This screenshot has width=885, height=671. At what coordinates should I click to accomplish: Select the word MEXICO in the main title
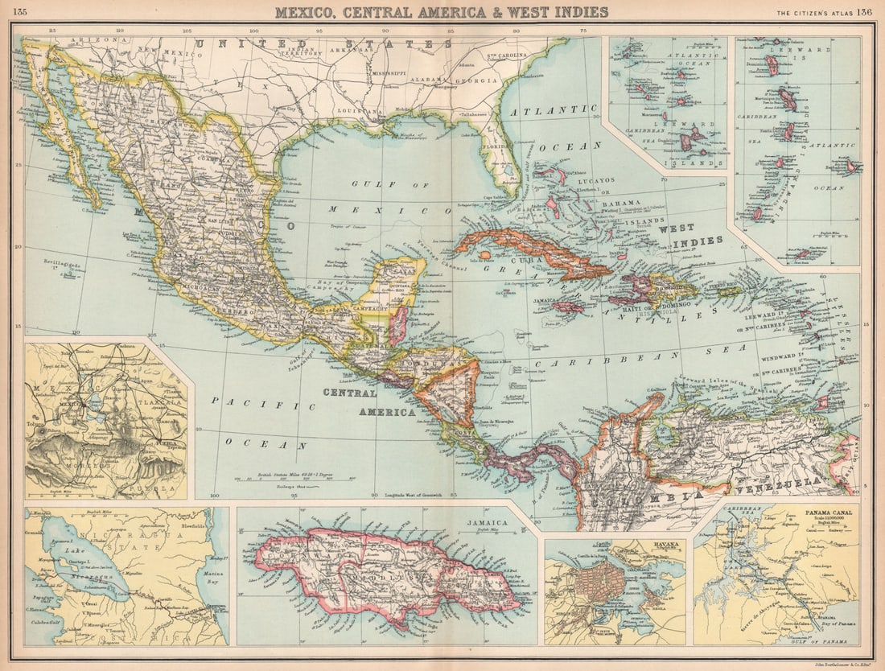[x=305, y=12]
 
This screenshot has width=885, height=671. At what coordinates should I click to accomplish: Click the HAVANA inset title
[x=667, y=545]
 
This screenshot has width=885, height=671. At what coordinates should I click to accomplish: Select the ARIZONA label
[x=88, y=39]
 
